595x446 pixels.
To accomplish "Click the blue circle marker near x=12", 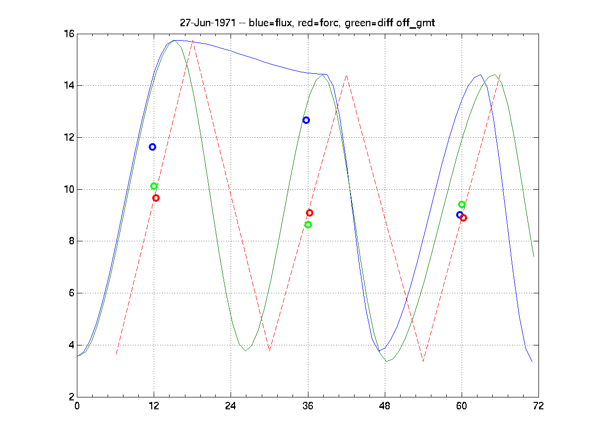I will tap(153, 147).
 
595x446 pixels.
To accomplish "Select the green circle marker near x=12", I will tap(154, 186).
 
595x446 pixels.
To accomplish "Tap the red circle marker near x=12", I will tap(156, 198).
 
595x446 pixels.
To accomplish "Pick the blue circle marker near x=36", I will tap(306, 120).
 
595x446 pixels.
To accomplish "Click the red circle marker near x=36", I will tap(310, 213).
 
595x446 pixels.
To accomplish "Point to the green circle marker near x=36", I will tap(308, 224).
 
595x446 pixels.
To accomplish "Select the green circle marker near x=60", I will tap(462, 204).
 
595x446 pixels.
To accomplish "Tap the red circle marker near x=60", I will tap(464, 218).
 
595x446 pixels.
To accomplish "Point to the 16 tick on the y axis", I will tap(68, 34).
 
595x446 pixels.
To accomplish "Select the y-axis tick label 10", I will tap(68, 189).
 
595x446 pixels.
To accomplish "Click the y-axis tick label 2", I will tap(71, 397).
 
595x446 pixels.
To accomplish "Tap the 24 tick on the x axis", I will tap(231, 406).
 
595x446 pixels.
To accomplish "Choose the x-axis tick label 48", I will tap(385, 406).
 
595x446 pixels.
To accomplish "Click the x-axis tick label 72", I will tap(538, 406).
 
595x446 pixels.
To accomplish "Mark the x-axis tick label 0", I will tap(77, 406).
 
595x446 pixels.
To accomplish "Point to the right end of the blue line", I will tap(532, 361).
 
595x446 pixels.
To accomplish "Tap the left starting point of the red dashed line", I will tap(116, 354).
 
